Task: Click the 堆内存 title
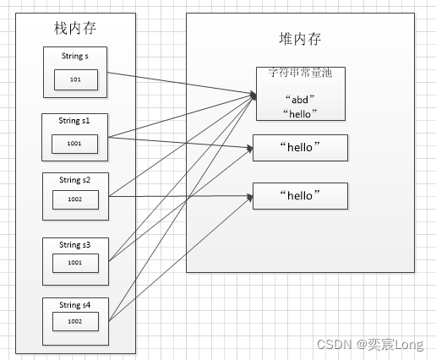click(300, 39)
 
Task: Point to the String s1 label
click(75, 121)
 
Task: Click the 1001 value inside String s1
click(75, 144)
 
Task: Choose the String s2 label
click(75, 180)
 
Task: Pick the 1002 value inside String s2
click(75, 201)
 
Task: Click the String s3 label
click(75, 244)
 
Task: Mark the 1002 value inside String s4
click(75, 321)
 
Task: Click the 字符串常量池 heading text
click(300, 74)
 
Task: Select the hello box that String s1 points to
click(301, 148)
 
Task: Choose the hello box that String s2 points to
click(301, 195)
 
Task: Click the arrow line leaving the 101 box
click(177, 83)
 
